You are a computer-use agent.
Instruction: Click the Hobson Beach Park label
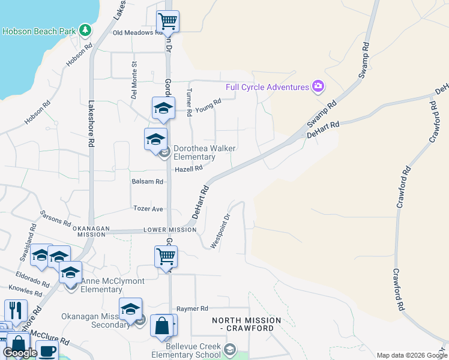point(40,31)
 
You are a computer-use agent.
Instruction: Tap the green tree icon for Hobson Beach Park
point(86,30)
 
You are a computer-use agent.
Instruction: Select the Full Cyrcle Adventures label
point(267,87)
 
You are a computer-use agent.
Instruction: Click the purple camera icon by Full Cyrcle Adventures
point(318,87)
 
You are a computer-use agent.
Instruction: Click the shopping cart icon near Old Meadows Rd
point(167,22)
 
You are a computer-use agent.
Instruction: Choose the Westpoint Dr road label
point(220,232)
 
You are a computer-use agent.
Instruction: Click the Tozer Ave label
point(148,209)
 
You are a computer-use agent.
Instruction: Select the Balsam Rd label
point(147,181)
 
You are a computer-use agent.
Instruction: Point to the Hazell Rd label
point(188,170)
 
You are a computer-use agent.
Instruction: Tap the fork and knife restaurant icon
point(15,310)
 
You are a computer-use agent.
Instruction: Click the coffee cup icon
point(47,350)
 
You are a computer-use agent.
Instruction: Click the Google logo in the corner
point(20,353)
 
